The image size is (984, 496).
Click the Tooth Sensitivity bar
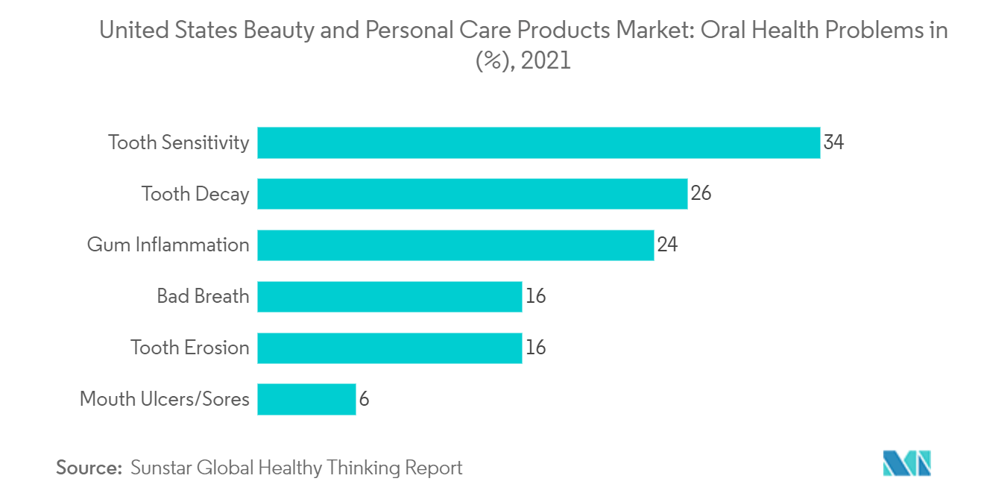pos(538,142)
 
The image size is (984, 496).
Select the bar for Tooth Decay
pos(472,194)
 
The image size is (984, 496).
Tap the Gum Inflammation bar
pos(455,245)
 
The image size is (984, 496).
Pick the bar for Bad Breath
pos(389,296)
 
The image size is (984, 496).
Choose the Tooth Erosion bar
pos(389,348)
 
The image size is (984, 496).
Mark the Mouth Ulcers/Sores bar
pos(306,399)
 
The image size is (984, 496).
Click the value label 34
pos(833,142)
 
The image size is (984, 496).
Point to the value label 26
pos(701,194)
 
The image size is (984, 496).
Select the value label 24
pos(667,245)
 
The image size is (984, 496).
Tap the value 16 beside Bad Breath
pos(535,296)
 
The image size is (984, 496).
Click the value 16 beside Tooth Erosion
pos(535,348)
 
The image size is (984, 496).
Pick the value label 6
pos(364,399)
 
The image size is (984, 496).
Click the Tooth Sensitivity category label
pos(178,142)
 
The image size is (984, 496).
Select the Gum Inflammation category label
pos(168,245)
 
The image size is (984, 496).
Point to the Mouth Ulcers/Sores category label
pos(164,399)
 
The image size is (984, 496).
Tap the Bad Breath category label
pos(203,296)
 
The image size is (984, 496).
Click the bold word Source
pos(89,468)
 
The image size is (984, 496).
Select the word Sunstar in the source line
pos(161,468)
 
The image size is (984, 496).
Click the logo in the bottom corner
pos(906,463)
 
